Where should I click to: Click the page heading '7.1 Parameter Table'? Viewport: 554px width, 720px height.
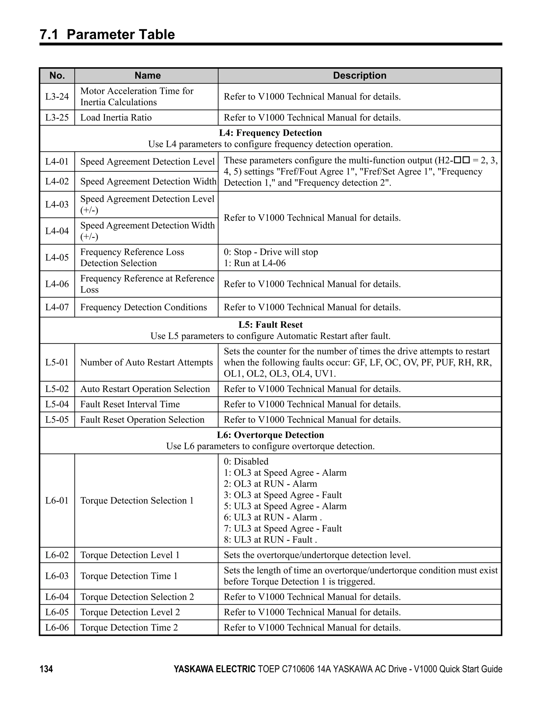pos(107,35)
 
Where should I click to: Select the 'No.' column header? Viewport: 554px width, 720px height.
pos(57,75)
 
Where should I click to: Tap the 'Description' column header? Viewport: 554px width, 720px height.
pos(360,75)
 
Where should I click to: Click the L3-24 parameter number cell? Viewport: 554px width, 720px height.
pos(57,97)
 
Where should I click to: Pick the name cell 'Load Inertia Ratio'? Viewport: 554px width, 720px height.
pos(116,118)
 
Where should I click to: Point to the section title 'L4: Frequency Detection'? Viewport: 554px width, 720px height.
pos(271,133)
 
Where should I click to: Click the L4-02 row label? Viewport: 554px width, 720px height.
pos(57,181)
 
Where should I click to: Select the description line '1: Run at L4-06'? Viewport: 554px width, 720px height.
pos(255,263)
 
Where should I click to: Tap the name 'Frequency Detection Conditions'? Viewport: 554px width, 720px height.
pos(143,307)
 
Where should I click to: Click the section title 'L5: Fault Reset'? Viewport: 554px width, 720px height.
pos(271,325)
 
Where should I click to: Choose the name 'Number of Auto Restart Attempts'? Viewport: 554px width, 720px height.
pos(146,362)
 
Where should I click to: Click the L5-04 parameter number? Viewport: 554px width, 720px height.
pos(57,404)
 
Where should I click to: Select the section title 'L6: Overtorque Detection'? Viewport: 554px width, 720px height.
pos(271,435)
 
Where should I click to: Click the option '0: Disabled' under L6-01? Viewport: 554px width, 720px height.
pos(246,461)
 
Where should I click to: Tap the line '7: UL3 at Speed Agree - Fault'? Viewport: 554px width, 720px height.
pos(283,529)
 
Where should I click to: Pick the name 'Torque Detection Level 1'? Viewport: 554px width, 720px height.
pos(130,555)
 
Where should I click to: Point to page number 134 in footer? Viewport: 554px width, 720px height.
pos(46,669)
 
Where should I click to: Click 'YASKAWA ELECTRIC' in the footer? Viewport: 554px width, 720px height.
pos(214,669)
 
